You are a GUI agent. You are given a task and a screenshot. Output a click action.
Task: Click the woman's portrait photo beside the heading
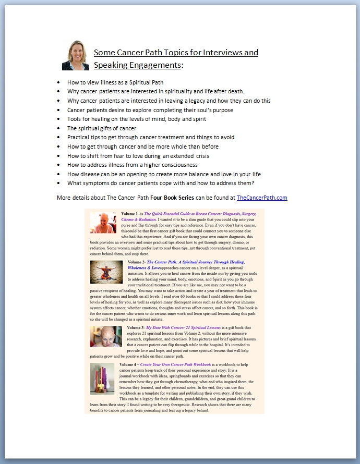[x=76, y=55]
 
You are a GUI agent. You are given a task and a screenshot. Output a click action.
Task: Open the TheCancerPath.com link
[x=262, y=198]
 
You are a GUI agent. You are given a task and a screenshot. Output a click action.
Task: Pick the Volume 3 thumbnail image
[x=106, y=336]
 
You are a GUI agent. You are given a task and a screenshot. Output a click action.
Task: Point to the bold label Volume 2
[x=137, y=262]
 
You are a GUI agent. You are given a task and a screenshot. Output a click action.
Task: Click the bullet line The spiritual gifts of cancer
[x=101, y=128]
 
